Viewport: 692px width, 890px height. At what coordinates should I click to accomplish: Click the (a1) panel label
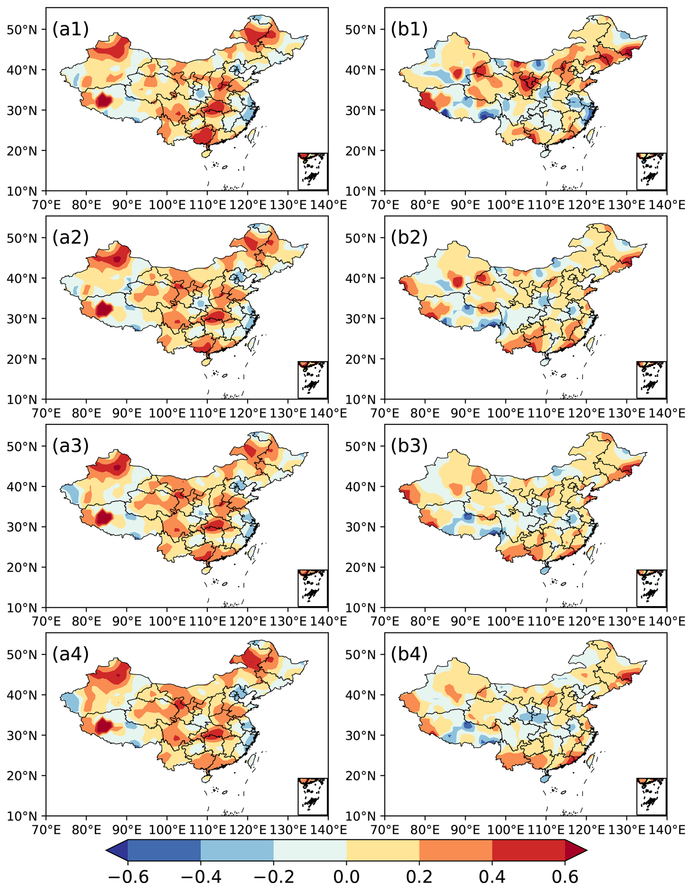[x=71, y=30]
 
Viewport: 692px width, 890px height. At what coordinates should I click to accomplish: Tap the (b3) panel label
[x=409, y=446]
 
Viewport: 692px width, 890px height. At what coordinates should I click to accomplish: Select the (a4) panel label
[x=71, y=654]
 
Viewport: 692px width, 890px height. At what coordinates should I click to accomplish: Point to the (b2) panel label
[x=409, y=238]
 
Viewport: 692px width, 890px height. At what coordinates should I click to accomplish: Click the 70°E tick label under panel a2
[x=46, y=413]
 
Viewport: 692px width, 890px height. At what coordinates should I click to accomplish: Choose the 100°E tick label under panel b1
[x=505, y=205]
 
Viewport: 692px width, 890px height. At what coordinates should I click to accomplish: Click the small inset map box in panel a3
[x=313, y=588]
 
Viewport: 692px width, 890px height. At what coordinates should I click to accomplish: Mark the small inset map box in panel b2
[x=651, y=380]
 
